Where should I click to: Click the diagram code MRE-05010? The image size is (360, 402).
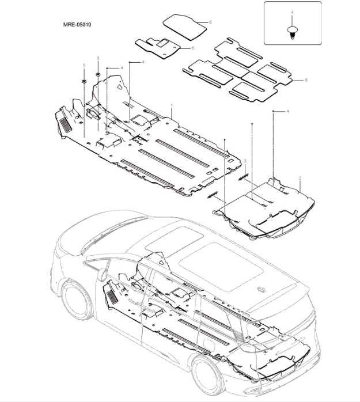point(77,26)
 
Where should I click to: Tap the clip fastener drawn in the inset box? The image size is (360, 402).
point(293,32)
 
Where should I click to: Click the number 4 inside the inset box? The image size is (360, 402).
point(293,12)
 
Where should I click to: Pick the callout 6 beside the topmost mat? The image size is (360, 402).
point(210,22)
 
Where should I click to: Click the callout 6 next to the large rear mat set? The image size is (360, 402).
point(306,80)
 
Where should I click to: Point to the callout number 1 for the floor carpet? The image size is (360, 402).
point(172,106)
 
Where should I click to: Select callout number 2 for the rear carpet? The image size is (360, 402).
point(300,179)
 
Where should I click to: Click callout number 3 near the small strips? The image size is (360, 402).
point(245,161)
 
